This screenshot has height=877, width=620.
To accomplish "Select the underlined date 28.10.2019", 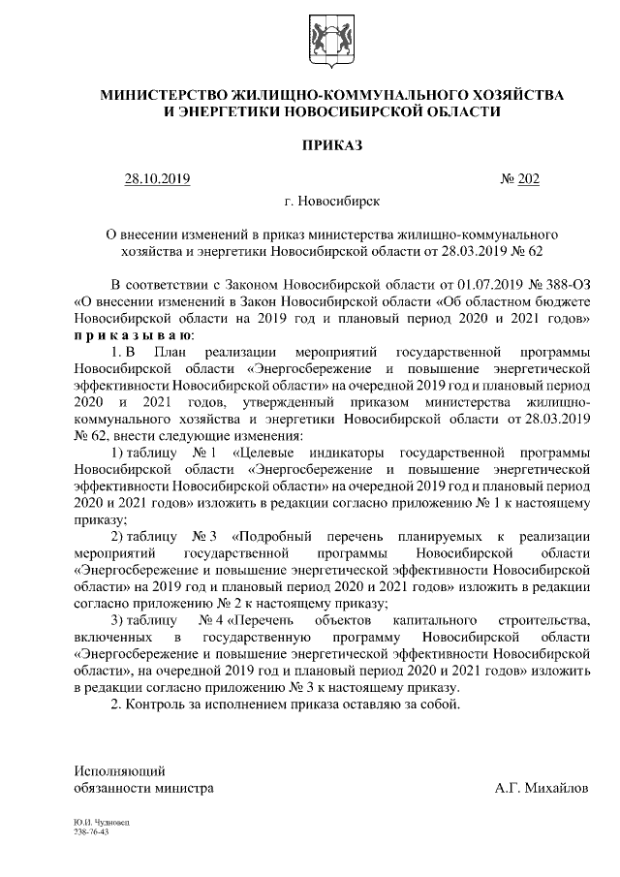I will pyautogui.click(x=157, y=178).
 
